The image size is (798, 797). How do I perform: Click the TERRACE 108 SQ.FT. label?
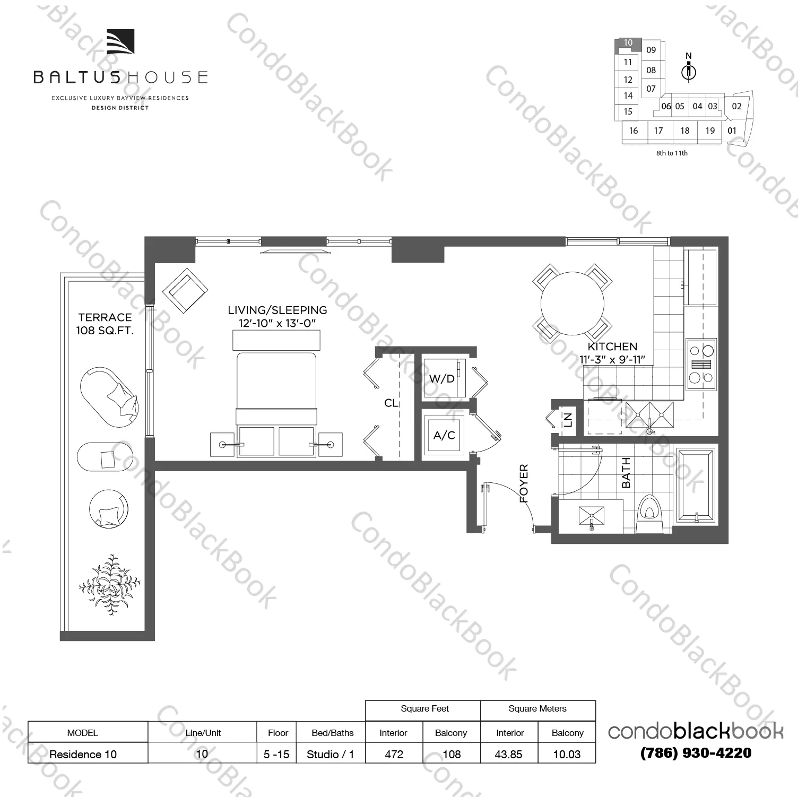[x=105, y=324]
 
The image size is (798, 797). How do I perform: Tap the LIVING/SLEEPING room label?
[x=277, y=310]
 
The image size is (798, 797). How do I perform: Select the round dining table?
[x=572, y=304]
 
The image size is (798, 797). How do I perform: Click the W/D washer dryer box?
[x=443, y=379]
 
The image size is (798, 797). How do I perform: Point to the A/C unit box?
[x=444, y=436]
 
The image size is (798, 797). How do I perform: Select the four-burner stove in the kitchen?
[x=701, y=364]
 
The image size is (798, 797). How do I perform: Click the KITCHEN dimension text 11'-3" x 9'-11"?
[x=612, y=359]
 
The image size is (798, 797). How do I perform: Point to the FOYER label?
[x=524, y=483]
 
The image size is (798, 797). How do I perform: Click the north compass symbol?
[x=689, y=70]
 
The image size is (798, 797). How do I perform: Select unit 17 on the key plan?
[x=658, y=131]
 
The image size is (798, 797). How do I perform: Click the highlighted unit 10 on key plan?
[x=628, y=43]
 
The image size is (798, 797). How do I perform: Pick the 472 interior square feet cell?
[x=394, y=754]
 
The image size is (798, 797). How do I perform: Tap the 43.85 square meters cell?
[x=508, y=754]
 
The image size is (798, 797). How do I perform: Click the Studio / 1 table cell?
[x=330, y=754]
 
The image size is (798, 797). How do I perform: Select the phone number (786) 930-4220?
[x=696, y=752]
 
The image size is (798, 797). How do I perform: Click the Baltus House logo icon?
[x=120, y=42]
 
